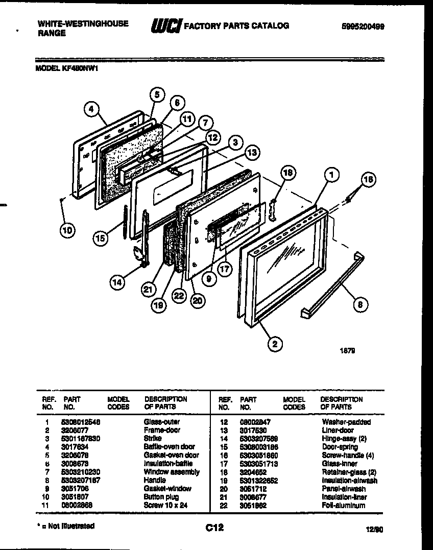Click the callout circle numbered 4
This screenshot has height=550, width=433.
90,108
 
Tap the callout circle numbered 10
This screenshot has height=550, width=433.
66,230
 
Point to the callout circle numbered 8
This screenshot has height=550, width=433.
361,305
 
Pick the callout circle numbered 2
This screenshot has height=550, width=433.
275,344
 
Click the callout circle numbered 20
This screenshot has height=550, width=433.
197,301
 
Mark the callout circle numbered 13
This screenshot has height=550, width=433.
251,152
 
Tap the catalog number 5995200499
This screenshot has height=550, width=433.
362,26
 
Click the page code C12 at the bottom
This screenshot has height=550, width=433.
215,528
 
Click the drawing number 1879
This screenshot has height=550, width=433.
348,351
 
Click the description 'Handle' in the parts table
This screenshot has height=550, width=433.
155,480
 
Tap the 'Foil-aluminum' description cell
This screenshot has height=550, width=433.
343,505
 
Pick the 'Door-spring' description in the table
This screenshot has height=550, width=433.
340,447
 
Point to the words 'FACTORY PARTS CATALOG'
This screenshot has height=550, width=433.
236,26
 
